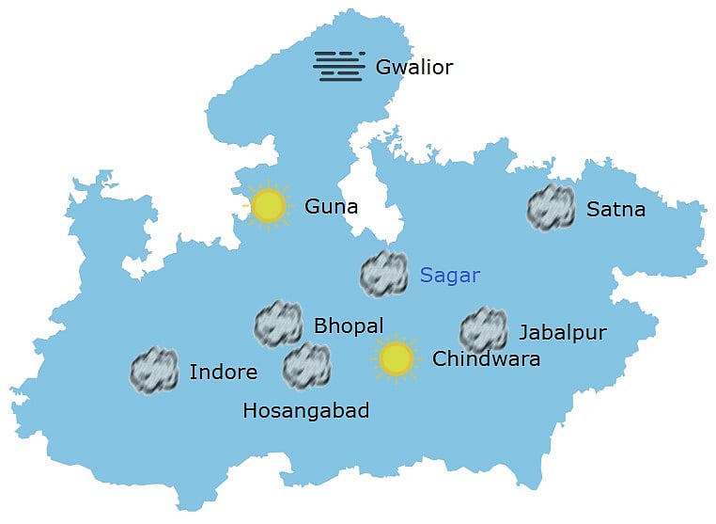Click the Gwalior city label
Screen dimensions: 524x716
pos(413,68)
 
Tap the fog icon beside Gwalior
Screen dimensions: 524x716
pos(338,65)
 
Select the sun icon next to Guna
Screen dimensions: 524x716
pos(269,205)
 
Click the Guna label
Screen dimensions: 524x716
pos(331,206)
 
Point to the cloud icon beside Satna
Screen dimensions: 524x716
pos(551,208)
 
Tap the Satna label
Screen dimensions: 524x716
pos(615,209)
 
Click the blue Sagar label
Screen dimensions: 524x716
pos(449,276)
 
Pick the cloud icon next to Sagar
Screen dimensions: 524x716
pos(383,274)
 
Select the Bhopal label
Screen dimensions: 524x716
pos(349,326)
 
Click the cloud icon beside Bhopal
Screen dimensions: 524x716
pos(278,325)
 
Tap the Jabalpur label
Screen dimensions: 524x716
pos(562,332)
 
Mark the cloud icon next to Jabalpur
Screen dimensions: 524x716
pos(484,330)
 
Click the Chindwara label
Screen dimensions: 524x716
pos(486,359)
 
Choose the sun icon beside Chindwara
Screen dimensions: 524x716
pos(396,358)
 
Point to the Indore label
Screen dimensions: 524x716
pos(223,373)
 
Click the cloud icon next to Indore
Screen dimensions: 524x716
pos(154,370)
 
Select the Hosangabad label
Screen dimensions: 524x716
pos(305,411)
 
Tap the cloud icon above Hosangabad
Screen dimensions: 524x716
pos(306,366)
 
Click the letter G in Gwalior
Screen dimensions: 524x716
pos(382,68)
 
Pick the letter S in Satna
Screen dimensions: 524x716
pos(592,209)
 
